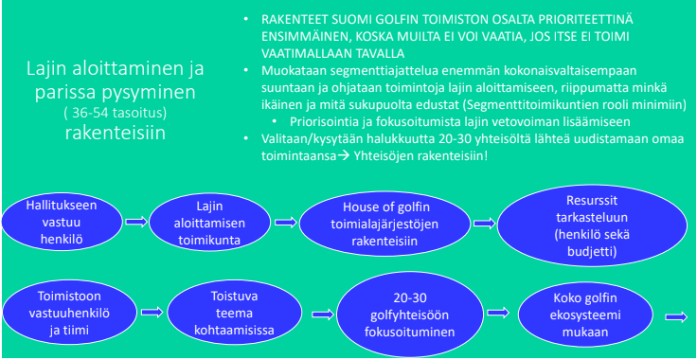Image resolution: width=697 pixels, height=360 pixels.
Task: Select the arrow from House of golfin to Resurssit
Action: tap(479, 222)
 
